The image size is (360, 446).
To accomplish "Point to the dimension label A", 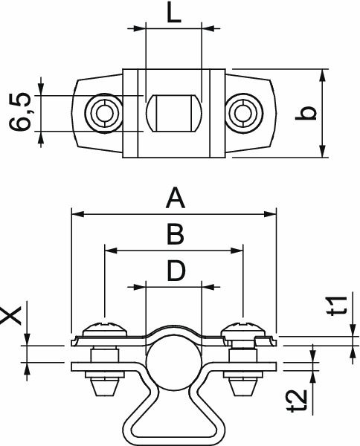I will coord(174,198).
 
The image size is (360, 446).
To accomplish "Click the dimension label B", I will coord(174,235).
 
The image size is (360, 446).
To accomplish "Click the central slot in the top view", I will coord(173,113).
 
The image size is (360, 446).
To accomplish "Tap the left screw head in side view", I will coord(104,328).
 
